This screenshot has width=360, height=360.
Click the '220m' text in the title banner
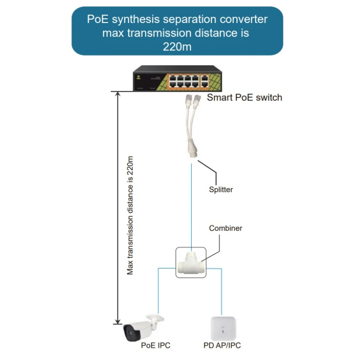pyautogui.click(x=177, y=46)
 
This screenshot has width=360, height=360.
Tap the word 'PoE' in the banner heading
pyautogui.click(x=96, y=20)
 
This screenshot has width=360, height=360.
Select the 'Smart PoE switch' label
pyautogui.click(x=244, y=97)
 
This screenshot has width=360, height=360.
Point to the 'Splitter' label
pyautogui.click(x=221, y=189)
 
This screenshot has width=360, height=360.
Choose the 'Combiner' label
pyautogui.click(x=225, y=228)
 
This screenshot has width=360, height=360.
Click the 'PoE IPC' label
pyautogui.click(x=156, y=346)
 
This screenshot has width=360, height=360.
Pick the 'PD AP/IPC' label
pyautogui.click(x=222, y=346)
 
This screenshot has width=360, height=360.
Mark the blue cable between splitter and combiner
pyautogui.click(x=191, y=202)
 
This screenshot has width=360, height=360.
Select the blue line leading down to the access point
pyautogui.click(x=221, y=292)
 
